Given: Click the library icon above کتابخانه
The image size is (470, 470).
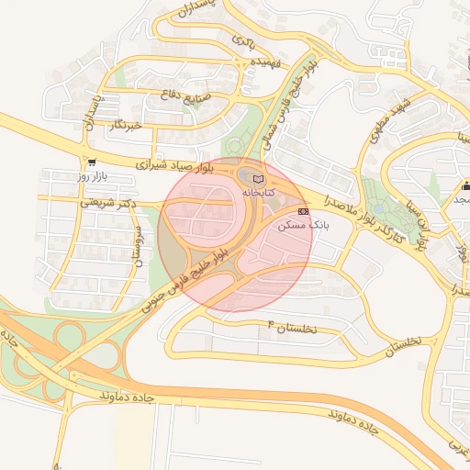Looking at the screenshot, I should pyautogui.click(x=258, y=177).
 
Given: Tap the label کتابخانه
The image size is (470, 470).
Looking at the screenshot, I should pyautogui.click(x=258, y=194).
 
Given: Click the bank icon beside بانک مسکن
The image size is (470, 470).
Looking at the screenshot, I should pyautogui.click(x=304, y=211).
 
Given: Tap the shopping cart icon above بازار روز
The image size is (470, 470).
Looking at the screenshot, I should pyautogui.click(x=92, y=162).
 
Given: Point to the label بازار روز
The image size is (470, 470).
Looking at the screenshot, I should pyautogui.click(x=92, y=174).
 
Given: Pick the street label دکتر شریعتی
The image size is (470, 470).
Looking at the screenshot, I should pyautogui.click(x=108, y=202).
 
